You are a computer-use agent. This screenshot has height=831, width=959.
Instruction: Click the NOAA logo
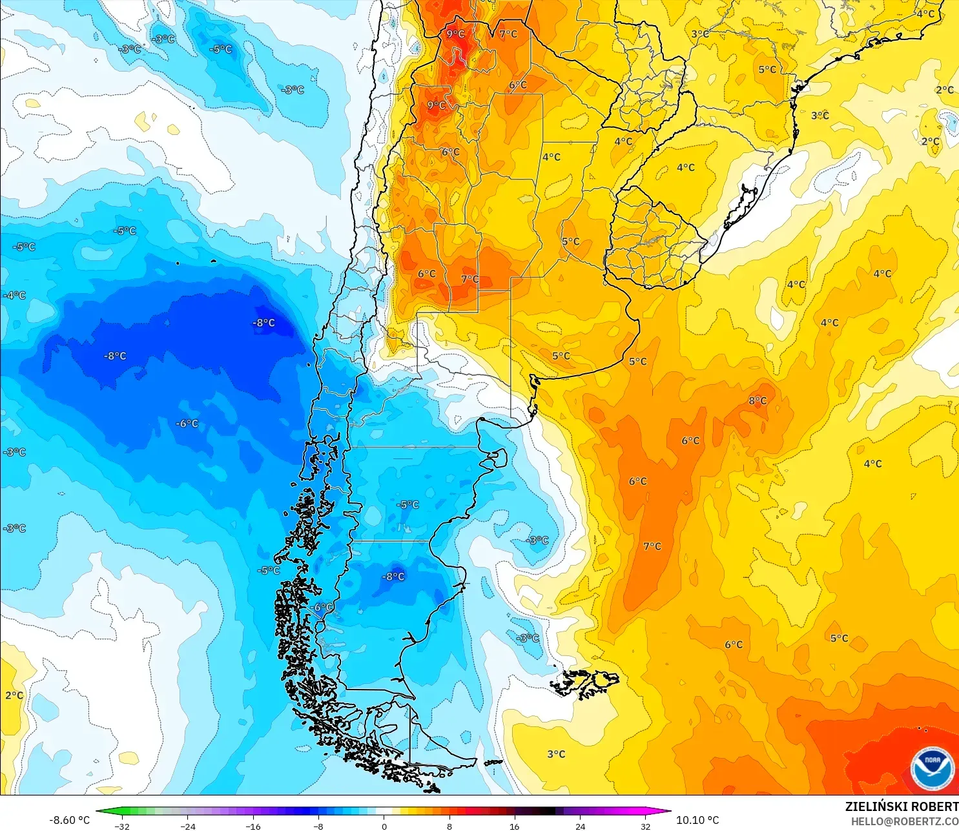(x=932, y=768)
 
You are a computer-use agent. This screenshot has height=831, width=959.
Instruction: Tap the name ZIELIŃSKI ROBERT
(x=902, y=806)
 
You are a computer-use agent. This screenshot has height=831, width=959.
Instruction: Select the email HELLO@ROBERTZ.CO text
(x=904, y=821)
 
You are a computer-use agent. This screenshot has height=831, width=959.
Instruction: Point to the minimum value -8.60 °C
(x=70, y=820)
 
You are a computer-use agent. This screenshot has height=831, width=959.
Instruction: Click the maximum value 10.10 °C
(x=697, y=820)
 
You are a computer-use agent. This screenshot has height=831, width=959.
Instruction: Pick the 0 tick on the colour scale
(x=384, y=826)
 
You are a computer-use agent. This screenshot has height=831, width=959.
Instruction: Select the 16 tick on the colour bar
(x=514, y=826)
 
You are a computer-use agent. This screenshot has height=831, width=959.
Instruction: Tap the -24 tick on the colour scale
(x=187, y=826)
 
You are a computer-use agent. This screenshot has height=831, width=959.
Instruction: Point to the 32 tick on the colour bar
(x=645, y=826)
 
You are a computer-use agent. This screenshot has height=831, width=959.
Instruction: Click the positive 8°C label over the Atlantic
(x=758, y=401)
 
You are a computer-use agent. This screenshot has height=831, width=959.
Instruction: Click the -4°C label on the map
(x=15, y=295)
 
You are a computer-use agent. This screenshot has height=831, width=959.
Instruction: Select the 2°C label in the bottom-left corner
(x=14, y=695)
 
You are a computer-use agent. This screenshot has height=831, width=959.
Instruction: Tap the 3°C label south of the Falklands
(x=556, y=754)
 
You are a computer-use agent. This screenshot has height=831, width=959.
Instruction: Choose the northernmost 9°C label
(x=455, y=34)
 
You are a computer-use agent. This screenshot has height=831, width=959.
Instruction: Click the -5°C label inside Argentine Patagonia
(x=408, y=504)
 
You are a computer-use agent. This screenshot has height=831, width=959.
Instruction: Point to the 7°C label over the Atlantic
(x=652, y=546)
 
